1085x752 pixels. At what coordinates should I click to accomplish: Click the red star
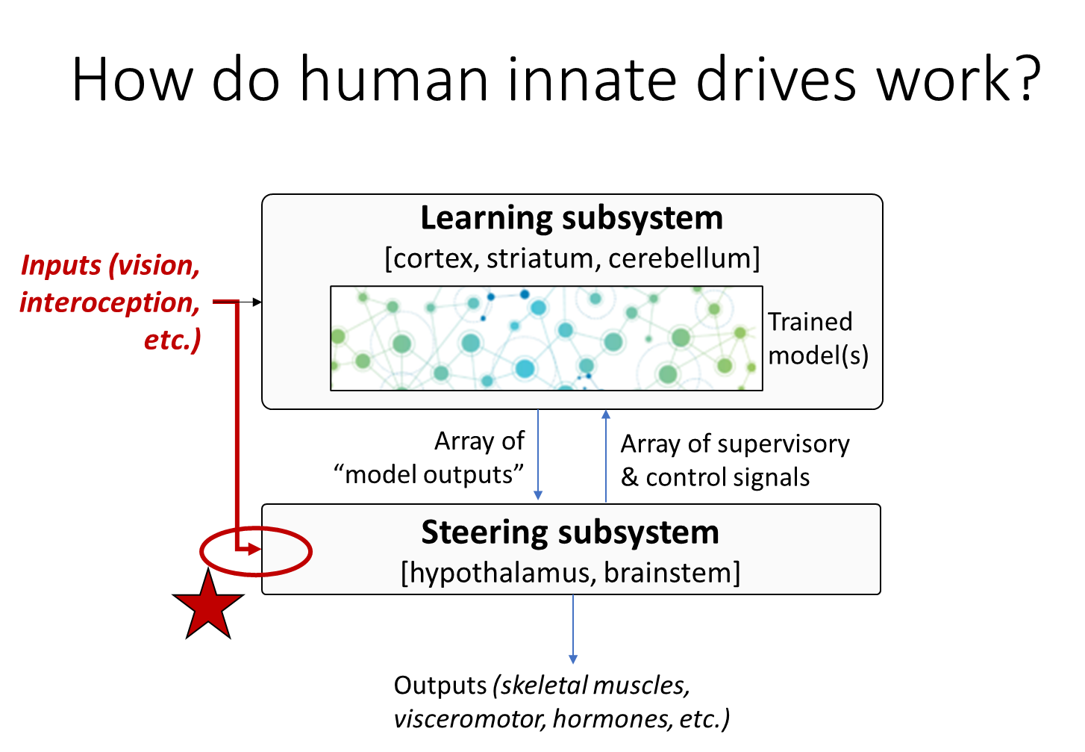(x=208, y=606)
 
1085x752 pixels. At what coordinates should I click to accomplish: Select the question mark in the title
(x=1025, y=78)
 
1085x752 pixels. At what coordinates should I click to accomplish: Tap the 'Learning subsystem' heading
(x=572, y=218)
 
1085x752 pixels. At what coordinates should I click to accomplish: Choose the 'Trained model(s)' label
(x=818, y=338)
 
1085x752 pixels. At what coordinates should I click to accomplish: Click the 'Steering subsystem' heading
(x=570, y=532)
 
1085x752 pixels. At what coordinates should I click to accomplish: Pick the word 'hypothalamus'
(x=498, y=573)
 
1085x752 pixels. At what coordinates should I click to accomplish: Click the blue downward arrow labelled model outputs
(x=538, y=455)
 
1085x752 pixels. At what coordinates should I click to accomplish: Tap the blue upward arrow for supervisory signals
(x=605, y=456)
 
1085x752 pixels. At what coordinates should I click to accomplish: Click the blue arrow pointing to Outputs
(x=573, y=629)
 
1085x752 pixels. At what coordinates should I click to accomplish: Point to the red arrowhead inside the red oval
(x=254, y=550)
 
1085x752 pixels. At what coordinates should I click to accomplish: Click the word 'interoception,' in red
(x=110, y=303)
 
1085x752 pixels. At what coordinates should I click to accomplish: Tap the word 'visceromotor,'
(x=470, y=719)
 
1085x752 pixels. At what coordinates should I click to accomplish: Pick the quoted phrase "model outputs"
(x=428, y=474)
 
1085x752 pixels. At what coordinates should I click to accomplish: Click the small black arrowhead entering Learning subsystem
(x=257, y=302)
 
